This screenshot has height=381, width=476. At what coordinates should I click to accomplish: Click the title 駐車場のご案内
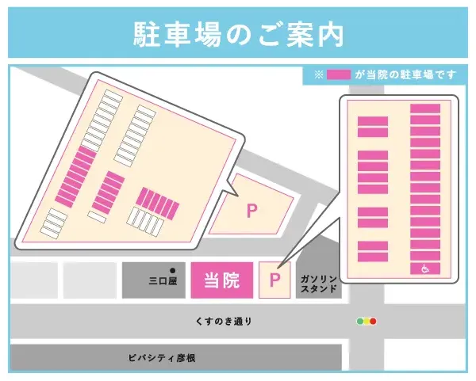click(x=238, y=34)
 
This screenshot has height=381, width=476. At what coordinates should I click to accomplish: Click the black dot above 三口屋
click(x=172, y=269)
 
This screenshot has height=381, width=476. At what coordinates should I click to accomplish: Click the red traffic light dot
click(x=373, y=322)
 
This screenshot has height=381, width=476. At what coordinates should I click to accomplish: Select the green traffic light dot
click(x=359, y=322)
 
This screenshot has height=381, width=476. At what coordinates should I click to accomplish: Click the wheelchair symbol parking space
click(x=425, y=269)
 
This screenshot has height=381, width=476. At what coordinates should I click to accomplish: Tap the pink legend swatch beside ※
click(x=339, y=75)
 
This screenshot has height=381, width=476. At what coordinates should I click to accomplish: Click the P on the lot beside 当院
click(x=275, y=280)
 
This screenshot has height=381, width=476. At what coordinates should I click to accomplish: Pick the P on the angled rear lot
click(x=252, y=211)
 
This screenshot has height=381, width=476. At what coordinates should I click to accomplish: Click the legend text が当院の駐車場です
click(x=405, y=75)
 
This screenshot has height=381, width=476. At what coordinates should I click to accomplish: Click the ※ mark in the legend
click(x=319, y=75)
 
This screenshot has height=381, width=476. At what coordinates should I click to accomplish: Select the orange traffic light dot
click(x=366, y=322)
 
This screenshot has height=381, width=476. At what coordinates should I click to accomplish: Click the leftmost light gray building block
click(x=33, y=280)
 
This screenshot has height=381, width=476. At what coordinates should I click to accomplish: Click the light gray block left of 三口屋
click(x=90, y=280)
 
